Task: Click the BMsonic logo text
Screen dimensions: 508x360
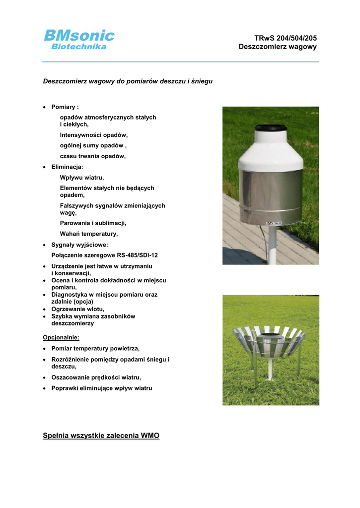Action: (x=79, y=35)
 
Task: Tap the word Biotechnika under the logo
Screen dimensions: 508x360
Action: (x=79, y=47)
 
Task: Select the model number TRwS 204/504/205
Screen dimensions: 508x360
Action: (x=285, y=38)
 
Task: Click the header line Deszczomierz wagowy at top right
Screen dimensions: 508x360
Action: (x=277, y=47)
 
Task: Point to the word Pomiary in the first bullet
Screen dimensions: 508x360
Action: (x=64, y=107)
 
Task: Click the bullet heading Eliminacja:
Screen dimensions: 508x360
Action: (x=67, y=167)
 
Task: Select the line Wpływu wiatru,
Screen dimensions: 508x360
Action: (x=82, y=177)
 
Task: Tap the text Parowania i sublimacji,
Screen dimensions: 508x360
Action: (x=93, y=223)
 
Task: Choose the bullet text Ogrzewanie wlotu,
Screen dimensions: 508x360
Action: (x=77, y=309)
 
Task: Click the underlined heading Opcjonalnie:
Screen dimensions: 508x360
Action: (x=61, y=337)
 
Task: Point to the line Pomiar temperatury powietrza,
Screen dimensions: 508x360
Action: (x=95, y=348)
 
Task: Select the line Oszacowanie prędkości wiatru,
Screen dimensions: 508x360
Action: (x=96, y=377)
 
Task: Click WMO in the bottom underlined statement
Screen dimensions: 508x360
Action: (x=150, y=436)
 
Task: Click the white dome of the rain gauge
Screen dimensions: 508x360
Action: (x=271, y=154)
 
